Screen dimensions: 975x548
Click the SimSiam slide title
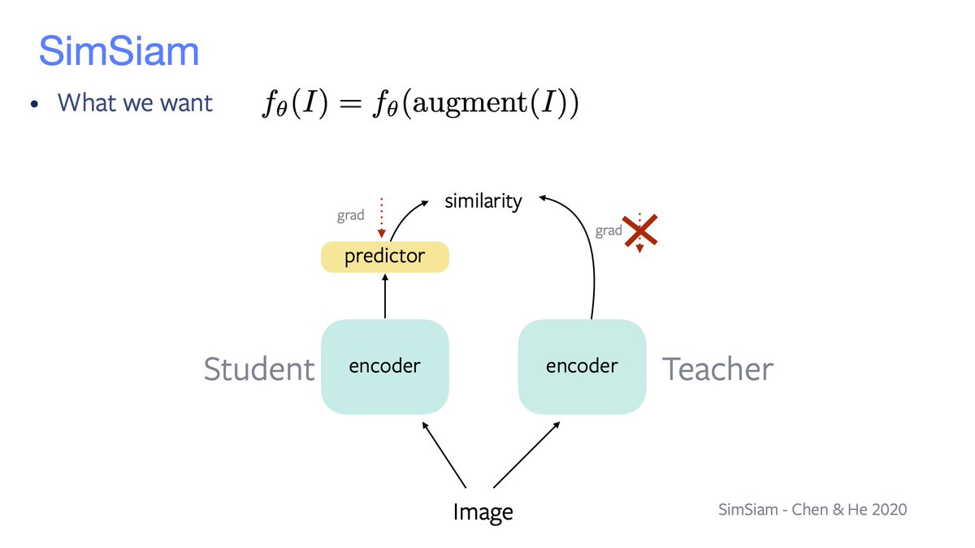tap(119, 51)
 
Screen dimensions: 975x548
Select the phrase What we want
tap(135, 104)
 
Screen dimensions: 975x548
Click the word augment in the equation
tap(464, 104)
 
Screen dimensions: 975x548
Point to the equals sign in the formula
tap(350, 105)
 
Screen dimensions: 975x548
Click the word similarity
tap(483, 201)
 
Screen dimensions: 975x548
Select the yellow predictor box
tap(384, 257)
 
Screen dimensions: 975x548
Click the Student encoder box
tap(384, 366)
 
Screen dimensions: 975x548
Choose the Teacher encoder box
tap(582, 366)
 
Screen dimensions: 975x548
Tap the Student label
tap(258, 369)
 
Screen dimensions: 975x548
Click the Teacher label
tap(718, 369)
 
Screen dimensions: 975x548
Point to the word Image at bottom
tap(483, 511)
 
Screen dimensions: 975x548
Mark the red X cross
tap(640, 231)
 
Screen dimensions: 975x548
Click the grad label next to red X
tap(609, 231)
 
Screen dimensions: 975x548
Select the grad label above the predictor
tap(350, 217)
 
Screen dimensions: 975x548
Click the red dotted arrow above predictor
tap(381, 216)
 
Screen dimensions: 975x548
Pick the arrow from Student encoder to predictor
tap(384, 296)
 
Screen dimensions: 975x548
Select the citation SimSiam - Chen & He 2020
tap(812, 510)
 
